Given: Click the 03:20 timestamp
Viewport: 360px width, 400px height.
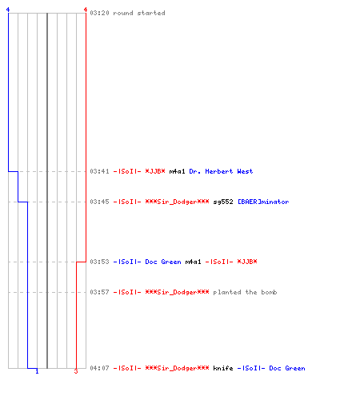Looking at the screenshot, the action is tap(99, 13).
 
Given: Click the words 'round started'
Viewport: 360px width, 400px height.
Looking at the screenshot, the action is tap(139, 13).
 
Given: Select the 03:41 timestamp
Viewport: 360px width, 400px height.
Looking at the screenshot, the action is tap(99, 171).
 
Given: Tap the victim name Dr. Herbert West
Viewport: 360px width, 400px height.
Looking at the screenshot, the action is tap(221, 171).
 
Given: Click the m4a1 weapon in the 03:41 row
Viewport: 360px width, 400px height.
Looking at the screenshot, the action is tap(177, 171).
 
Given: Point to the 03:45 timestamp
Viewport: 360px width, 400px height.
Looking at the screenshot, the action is tap(99, 202).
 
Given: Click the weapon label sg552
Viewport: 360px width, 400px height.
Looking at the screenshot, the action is tap(223, 202).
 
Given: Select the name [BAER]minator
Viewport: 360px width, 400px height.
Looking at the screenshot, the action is tap(263, 202).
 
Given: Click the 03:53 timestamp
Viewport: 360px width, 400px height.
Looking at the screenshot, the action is tap(99, 262).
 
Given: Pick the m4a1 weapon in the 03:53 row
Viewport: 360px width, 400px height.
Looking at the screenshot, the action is tap(193, 262).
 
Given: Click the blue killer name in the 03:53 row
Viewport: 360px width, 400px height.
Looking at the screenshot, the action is tap(147, 262).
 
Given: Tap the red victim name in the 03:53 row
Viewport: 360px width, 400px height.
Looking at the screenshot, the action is tap(231, 262).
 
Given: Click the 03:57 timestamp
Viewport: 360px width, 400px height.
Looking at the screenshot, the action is tap(99, 292).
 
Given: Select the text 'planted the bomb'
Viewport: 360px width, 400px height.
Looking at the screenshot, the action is tap(245, 293).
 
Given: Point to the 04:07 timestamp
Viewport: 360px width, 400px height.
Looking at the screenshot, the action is tap(99, 368).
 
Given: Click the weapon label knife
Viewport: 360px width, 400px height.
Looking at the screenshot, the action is tap(223, 368).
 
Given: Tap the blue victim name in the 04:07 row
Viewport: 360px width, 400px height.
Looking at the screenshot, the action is tap(271, 368).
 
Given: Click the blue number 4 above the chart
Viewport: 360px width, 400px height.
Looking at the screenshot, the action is tap(8, 10).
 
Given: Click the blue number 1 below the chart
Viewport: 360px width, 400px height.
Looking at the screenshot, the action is tap(37, 371).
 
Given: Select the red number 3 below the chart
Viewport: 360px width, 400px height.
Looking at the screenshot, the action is tap(76, 371).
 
